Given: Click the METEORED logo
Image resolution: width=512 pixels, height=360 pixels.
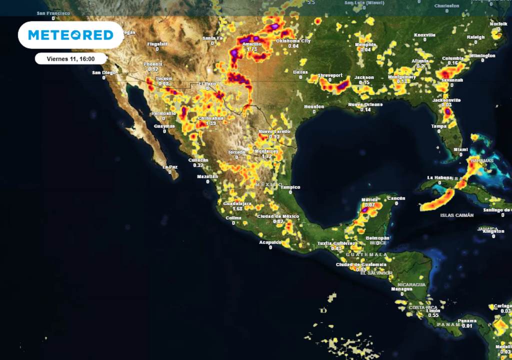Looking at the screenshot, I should click(70, 35).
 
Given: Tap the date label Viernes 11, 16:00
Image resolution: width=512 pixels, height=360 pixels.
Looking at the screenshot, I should click(70, 58).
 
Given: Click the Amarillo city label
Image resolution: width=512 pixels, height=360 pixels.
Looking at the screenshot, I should click(252, 44).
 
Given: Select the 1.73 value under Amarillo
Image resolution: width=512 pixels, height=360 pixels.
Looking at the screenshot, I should click(252, 49).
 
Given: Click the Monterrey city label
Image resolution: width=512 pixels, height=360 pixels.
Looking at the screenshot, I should click(266, 151).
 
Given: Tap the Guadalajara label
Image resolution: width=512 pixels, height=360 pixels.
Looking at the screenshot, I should click(237, 204).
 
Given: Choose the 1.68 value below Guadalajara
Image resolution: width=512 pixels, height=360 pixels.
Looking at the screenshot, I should click(237, 209).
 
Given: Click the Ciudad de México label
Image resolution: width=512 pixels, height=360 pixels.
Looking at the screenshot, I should click(278, 216).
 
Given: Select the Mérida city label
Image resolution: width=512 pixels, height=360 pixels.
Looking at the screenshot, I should click(369, 200).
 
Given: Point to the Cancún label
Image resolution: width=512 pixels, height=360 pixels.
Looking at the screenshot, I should click(396, 198).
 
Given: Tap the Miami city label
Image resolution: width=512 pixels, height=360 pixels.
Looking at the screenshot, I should click(460, 149).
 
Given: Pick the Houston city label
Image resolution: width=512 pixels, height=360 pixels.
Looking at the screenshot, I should click(314, 106).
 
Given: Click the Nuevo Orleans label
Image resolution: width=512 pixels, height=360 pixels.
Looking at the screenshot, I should click(365, 104).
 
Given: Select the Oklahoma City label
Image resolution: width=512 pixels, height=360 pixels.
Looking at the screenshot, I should click(293, 41).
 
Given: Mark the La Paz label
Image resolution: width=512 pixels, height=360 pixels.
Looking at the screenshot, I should click(170, 167).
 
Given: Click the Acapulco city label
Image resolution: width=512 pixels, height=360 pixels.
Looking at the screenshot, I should click(270, 242).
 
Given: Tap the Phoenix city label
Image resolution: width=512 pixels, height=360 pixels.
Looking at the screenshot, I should click(153, 64).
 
